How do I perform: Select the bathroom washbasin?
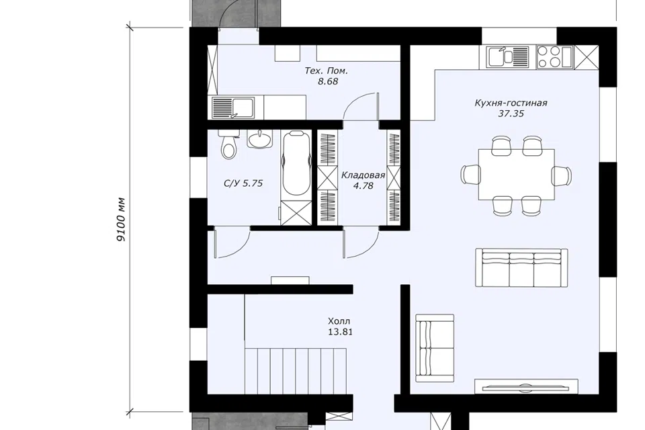259,138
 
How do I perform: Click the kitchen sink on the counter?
508,57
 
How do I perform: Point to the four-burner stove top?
554,57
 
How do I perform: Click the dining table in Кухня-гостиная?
516,175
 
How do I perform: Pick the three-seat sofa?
521,267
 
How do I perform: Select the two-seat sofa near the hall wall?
435,349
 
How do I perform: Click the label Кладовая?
363,175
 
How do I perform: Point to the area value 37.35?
511,114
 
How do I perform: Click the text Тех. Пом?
327,71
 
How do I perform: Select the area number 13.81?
340,332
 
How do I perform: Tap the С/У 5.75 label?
243,183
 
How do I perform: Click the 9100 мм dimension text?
121,220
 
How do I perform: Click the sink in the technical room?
233,107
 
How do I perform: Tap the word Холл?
339,321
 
